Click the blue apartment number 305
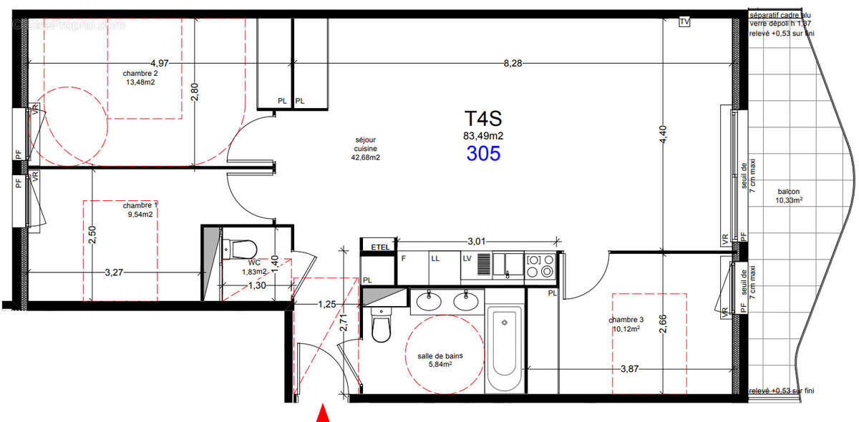484,152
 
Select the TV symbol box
684,21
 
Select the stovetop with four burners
541,266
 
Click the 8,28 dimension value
513,64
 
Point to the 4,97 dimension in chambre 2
160,64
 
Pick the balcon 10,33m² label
788,196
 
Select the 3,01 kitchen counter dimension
477,242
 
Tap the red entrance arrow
323,413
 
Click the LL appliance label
435,259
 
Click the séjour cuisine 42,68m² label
364,149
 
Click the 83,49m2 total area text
484,135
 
